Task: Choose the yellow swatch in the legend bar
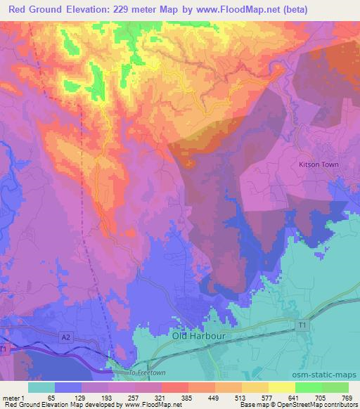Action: pyautogui.click(x=281, y=387)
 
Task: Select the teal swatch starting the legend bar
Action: pyautogui.click(x=41, y=387)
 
